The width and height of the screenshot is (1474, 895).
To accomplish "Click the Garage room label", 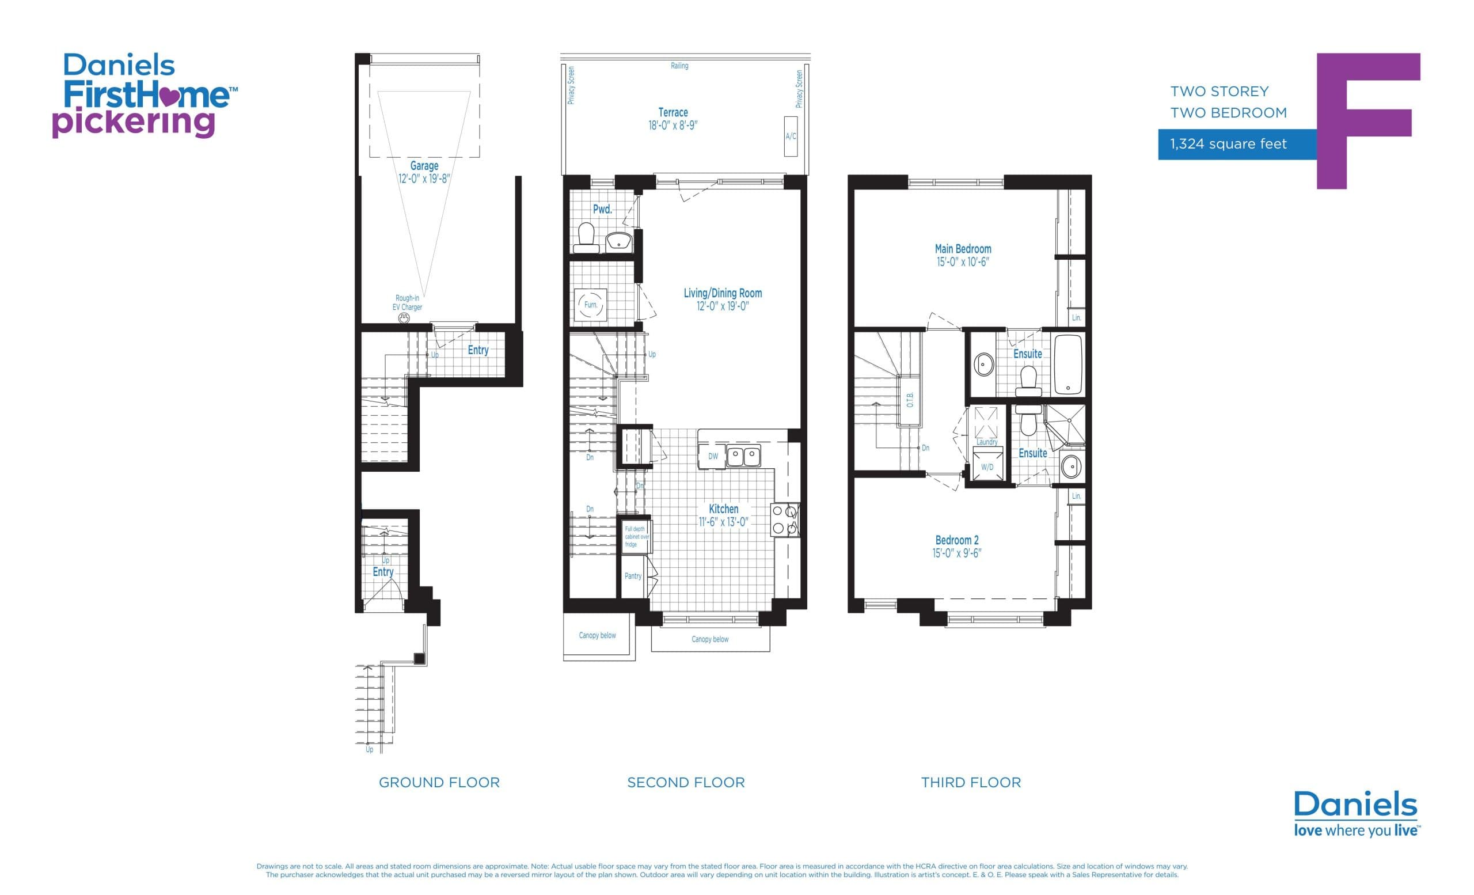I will pyautogui.click(x=424, y=166).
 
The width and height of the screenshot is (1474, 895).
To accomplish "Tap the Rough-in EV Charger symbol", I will pyautogui.click(x=404, y=319).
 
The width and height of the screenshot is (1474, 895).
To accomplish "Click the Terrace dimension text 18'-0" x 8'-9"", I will pyautogui.click(x=673, y=126).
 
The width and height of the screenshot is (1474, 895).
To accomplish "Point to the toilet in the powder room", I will pyautogui.click(x=586, y=238).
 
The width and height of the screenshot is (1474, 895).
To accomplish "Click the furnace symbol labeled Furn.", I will pyautogui.click(x=590, y=305).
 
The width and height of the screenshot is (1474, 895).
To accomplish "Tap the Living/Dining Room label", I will pyautogui.click(x=723, y=293).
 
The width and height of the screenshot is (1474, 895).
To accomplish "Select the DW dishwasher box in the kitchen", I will pyautogui.click(x=712, y=457).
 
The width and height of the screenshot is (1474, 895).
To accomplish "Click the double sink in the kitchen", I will pyautogui.click(x=743, y=457).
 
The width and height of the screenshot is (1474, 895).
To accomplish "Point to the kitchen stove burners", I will pyautogui.click(x=784, y=519).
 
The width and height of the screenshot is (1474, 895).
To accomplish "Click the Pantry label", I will pyautogui.click(x=632, y=576).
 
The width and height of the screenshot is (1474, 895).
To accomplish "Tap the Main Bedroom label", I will pyautogui.click(x=963, y=249).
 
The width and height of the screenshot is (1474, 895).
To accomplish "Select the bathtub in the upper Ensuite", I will pyautogui.click(x=1068, y=365).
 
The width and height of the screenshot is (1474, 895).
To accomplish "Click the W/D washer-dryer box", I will pyautogui.click(x=987, y=467).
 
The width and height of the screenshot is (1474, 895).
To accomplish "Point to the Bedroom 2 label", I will pyautogui.click(x=956, y=540).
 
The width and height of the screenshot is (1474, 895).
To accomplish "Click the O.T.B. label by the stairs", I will pyautogui.click(x=910, y=400).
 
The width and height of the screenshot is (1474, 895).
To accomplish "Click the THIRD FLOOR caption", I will pyautogui.click(x=970, y=783).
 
